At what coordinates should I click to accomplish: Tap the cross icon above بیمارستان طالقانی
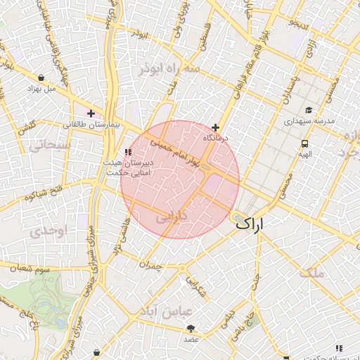click(91, 113)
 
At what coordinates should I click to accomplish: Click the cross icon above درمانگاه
click(215, 127)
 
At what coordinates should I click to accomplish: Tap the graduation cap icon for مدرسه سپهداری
click(309, 110)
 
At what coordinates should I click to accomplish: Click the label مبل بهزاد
click(41, 89)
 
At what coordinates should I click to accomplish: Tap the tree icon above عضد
click(191, 328)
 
